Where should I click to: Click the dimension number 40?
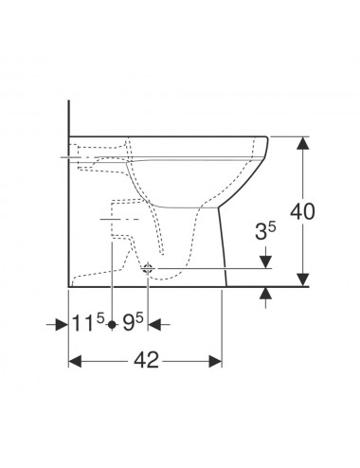[302, 211]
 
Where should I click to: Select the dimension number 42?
[146, 360]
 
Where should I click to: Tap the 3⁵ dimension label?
[265, 231]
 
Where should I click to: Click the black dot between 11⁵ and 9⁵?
[112, 324]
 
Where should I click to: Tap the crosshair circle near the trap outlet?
[148, 269]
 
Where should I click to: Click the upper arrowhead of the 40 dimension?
[303, 144]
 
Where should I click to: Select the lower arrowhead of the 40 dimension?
[303, 279]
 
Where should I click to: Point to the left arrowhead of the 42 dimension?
[75, 361]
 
